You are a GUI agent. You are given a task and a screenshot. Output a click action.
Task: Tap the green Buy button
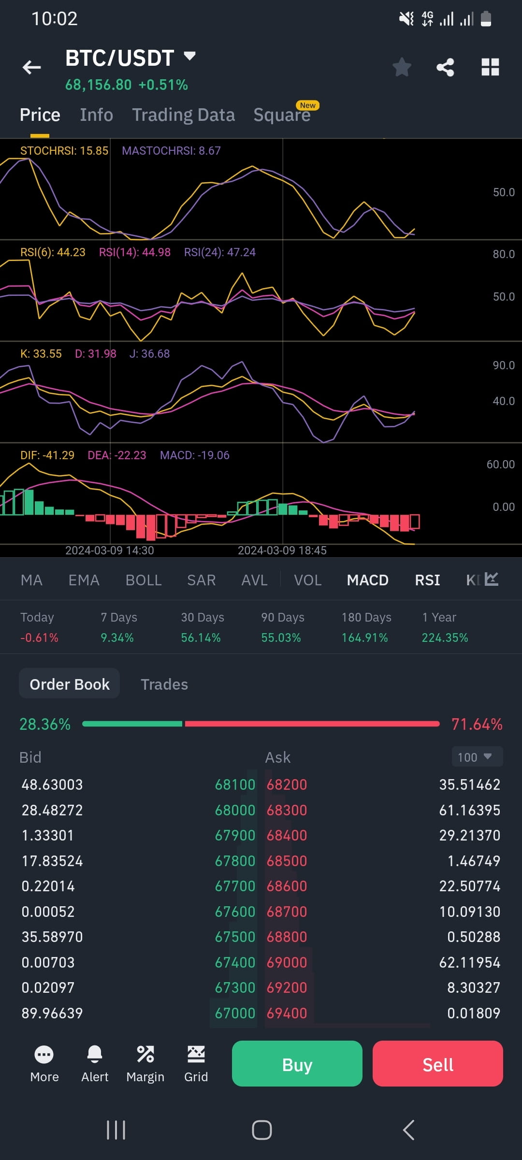click(297, 1064)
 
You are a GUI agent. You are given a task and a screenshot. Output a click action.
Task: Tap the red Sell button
click(437, 1064)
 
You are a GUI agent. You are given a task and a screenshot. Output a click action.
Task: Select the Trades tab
click(164, 684)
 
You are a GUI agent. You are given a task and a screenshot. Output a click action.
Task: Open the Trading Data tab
click(184, 115)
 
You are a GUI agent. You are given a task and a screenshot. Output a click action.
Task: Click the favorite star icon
click(402, 67)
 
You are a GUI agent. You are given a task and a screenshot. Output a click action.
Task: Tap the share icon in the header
click(445, 67)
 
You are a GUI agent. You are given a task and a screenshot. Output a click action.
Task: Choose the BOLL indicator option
click(144, 580)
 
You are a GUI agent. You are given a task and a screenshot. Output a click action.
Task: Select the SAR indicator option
click(201, 580)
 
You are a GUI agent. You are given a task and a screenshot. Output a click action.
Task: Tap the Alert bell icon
click(95, 1063)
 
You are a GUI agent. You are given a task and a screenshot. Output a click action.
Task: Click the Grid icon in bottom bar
click(196, 1063)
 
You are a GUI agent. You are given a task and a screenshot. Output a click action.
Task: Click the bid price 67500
click(235, 937)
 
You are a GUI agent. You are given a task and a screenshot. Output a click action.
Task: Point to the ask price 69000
click(287, 962)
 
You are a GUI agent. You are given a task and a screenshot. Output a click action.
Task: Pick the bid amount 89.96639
click(52, 1013)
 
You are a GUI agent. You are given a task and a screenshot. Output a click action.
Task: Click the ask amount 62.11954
click(469, 962)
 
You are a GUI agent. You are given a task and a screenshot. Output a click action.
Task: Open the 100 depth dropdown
click(477, 757)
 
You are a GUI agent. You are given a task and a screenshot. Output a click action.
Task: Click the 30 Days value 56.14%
click(201, 638)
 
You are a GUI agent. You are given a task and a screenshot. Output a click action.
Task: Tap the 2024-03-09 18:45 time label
click(282, 551)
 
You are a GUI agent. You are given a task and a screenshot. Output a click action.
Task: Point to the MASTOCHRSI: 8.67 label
click(171, 151)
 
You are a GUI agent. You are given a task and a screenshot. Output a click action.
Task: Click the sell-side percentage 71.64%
click(477, 724)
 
